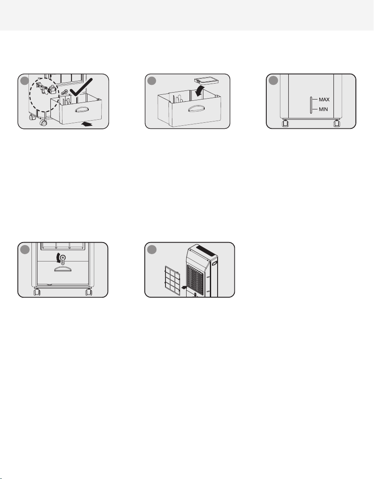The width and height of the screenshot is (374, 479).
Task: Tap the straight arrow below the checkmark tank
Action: (x=87, y=124)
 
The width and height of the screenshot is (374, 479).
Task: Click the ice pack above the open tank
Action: (x=207, y=81)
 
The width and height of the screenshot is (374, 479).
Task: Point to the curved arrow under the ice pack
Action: (x=199, y=91)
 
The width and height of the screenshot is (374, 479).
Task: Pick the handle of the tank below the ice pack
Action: (x=196, y=109)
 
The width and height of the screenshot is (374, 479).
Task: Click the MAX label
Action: (x=324, y=100)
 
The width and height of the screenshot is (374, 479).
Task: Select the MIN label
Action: (x=323, y=109)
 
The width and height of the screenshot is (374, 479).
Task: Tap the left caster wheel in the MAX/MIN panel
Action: (x=285, y=124)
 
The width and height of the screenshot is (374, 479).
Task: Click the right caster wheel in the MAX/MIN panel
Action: (x=337, y=124)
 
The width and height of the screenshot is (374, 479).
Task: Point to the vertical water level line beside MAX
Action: (x=311, y=105)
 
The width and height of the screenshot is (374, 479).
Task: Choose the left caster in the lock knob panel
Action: (x=37, y=292)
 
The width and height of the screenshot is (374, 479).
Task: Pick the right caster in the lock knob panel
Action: (x=89, y=292)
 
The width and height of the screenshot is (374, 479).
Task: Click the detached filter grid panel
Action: (x=172, y=280)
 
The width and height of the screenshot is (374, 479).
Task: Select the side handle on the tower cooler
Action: (x=215, y=263)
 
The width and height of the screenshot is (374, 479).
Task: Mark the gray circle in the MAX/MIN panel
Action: (x=274, y=81)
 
